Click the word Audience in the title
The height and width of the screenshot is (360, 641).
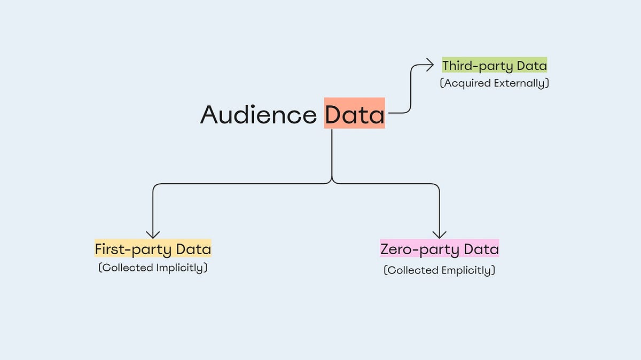click(x=259, y=115)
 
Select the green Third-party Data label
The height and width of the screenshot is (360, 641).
click(x=495, y=66)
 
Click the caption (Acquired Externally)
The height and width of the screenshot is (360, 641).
click(x=494, y=83)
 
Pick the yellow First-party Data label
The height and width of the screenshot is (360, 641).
click(x=153, y=249)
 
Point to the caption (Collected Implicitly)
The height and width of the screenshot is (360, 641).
click(x=153, y=268)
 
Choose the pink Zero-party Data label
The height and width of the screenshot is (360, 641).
click(x=439, y=249)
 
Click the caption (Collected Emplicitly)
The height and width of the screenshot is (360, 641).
click(x=439, y=270)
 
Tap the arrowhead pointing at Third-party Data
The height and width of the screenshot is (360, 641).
click(x=429, y=65)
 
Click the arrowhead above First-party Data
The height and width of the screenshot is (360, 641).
click(x=153, y=233)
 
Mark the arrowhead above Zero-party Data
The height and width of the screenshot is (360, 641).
click(x=439, y=233)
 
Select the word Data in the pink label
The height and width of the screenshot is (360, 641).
click(x=481, y=249)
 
